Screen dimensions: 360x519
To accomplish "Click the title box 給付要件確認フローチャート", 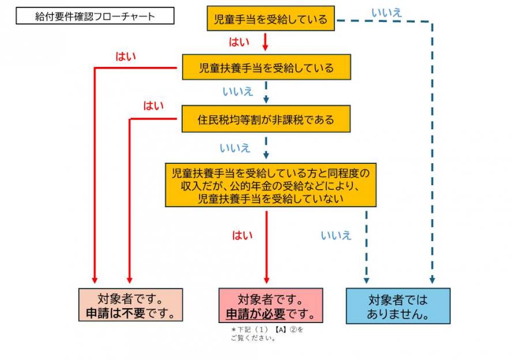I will [x=95, y=16].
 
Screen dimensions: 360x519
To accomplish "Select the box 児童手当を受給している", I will [x=270, y=20].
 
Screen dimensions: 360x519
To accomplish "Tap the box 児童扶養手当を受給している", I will [x=266, y=67].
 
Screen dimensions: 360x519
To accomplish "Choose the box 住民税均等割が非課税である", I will [x=266, y=120].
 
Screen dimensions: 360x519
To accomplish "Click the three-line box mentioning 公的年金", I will [x=270, y=185].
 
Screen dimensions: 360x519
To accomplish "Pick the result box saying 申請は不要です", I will [x=130, y=306].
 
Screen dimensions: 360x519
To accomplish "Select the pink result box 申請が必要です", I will [x=270, y=306].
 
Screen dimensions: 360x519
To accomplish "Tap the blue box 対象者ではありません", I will [x=397, y=306].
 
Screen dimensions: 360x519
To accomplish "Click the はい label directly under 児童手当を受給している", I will [x=239, y=42].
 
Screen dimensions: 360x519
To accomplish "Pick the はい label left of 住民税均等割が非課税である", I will [x=153, y=106].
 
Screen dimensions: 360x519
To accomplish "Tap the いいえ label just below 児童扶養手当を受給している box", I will [x=237, y=91].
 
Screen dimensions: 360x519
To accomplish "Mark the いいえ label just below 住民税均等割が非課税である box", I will [x=235, y=148].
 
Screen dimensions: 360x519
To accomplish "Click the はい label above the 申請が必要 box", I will [x=242, y=235].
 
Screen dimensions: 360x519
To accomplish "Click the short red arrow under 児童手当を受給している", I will [x=266, y=42].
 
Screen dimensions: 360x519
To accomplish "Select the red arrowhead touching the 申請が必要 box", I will [x=266, y=282].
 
